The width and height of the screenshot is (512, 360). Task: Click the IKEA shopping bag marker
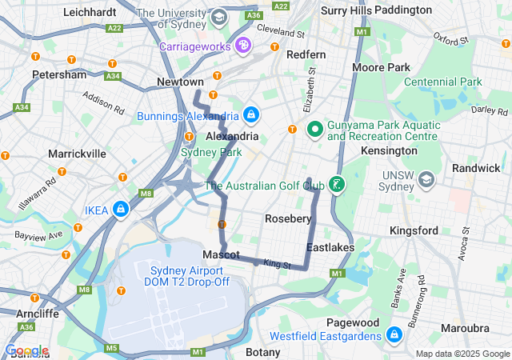[119, 210]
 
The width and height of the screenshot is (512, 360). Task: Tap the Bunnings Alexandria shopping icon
[252, 115]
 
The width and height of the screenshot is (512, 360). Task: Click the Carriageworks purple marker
[242, 46]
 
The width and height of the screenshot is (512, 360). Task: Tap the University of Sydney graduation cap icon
[218, 17]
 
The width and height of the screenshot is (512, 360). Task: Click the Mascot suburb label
[221, 254]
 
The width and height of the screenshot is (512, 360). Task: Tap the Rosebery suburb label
[288, 218]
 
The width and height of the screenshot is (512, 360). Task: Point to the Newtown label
[180, 82]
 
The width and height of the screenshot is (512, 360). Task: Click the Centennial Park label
[442, 82]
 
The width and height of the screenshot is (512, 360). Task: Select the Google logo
[26, 350]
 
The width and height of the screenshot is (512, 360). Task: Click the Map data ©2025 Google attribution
[462, 354]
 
